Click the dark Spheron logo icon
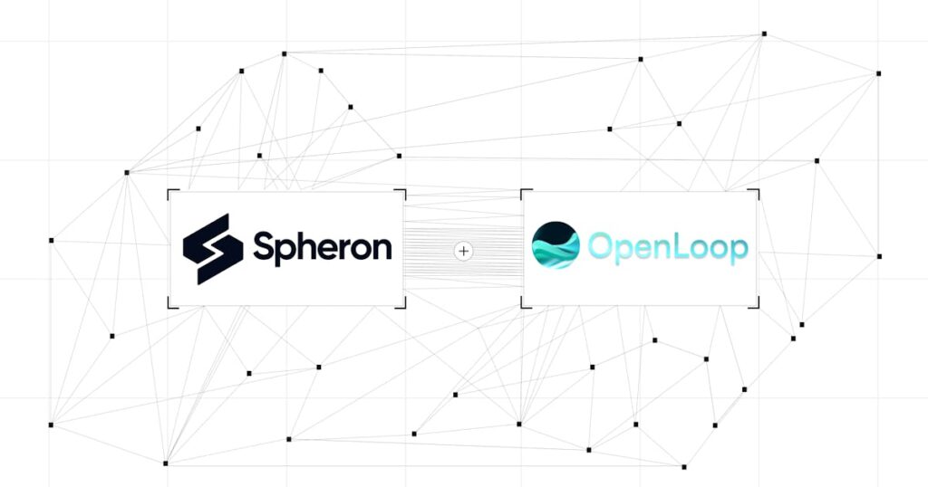coord(212,249)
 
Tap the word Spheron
coord(323,248)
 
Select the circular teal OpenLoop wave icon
coord(556,245)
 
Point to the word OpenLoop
coord(668,248)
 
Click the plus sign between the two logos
coord(463,251)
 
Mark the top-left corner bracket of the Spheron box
coord(169,191)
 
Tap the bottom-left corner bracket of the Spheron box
coord(169,306)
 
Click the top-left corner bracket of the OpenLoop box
coord(522,191)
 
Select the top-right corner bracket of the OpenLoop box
coord(758,191)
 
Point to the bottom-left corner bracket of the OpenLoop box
coord(522,306)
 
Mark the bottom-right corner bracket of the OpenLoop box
coord(758,306)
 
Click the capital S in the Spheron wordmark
coord(266,245)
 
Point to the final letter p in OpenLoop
coord(738,252)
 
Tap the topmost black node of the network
coord(764,33)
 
